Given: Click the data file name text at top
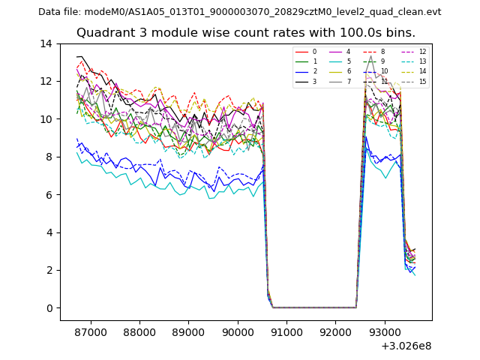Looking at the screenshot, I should [240, 12].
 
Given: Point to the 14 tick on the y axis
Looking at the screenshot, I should [46, 43].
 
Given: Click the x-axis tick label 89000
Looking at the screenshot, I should [188, 331].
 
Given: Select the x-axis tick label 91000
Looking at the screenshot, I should [286, 331].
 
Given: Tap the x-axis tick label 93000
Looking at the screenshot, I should [383, 331].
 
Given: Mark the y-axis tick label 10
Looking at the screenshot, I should [46, 119].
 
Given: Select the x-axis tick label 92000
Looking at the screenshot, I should [334, 331].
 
